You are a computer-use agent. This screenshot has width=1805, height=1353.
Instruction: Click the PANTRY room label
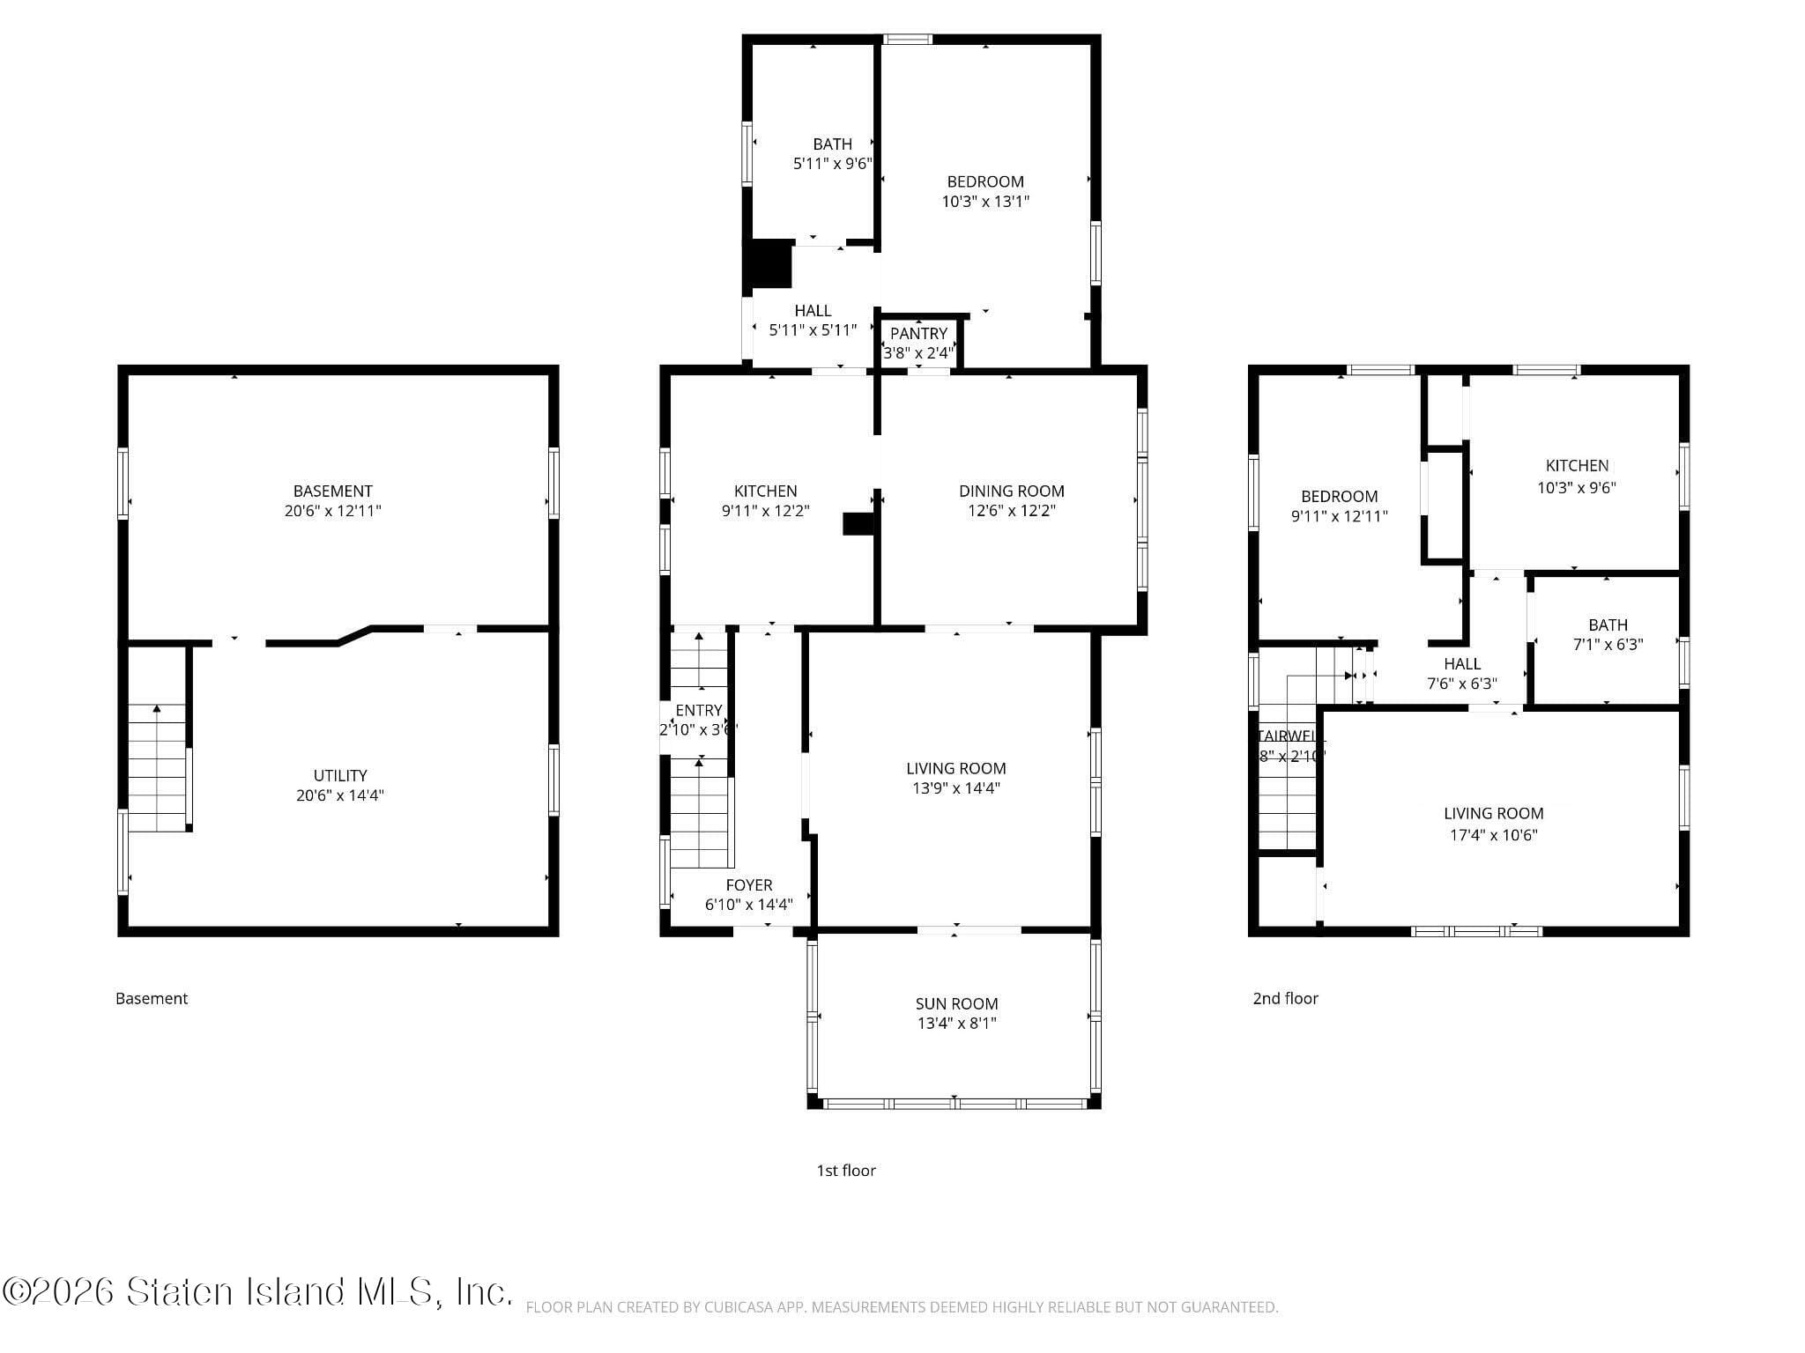coord(918,334)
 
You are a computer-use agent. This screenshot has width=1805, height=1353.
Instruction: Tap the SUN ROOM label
coord(956,1003)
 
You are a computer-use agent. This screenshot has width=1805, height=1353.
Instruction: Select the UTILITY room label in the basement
coord(340,775)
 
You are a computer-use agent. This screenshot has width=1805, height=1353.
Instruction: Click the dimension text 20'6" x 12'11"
coord(332,511)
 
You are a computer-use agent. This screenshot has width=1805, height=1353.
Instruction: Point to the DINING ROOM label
coord(1011,491)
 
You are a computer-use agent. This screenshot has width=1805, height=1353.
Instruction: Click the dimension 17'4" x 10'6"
coord(1493,835)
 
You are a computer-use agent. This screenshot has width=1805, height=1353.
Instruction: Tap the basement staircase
coord(158,766)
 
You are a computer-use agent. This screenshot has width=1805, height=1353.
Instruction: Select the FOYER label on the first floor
coord(749,884)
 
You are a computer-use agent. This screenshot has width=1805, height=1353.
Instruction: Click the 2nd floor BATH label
coord(1608,625)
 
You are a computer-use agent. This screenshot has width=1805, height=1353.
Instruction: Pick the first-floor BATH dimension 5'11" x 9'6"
coord(832,163)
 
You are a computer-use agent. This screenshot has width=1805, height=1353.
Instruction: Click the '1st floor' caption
coord(845,1170)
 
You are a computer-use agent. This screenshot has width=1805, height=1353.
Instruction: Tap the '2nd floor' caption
coord(1285,998)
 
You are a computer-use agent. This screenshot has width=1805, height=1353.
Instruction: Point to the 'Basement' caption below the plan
coord(152,998)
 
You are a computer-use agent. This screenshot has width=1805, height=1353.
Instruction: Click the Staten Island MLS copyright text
coord(257,1291)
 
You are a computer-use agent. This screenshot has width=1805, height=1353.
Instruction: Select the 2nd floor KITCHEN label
coord(1577,465)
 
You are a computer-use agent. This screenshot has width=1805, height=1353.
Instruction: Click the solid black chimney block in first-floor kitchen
coord(858,524)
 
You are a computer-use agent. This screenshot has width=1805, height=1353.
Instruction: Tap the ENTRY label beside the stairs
coord(698,710)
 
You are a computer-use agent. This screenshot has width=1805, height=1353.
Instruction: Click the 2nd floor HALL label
coord(1461,663)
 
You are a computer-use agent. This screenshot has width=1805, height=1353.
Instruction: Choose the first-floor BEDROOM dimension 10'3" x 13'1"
coord(985,201)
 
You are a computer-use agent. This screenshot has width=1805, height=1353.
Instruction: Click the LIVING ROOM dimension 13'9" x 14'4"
coord(955,788)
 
